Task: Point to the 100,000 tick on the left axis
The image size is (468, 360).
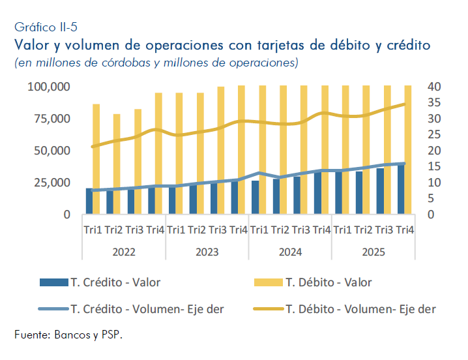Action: pyautogui.click(x=49, y=87)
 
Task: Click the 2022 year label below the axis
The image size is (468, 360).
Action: pyautogui.click(x=124, y=252)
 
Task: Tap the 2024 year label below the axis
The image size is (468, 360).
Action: pyautogui.click(x=290, y=252)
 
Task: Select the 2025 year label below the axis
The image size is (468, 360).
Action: pyautogui.click(x=373, y=252)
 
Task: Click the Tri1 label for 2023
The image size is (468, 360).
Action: pyautogui.click(x=177, y=230)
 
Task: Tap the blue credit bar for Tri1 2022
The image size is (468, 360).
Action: pyautogui.click(x=89, y=201)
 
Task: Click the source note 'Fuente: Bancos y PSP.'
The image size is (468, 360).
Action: pyautogui.click(x=68, y=335)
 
